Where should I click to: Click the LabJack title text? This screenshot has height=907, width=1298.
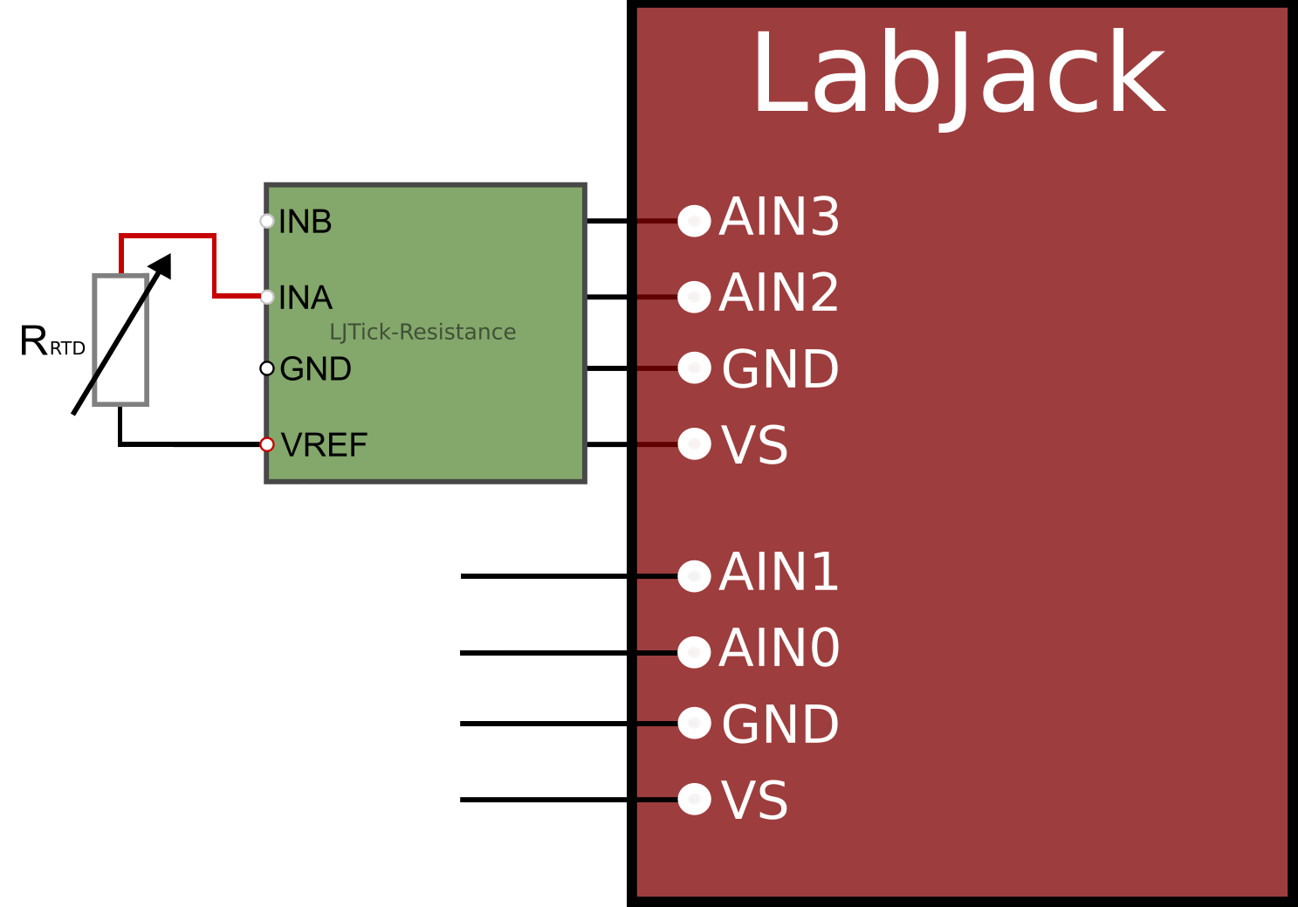958,75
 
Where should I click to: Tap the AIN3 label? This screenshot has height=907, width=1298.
779,217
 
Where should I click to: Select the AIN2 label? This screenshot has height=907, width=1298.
779,293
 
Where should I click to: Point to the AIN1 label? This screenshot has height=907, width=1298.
779,573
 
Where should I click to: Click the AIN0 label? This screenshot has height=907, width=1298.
779,649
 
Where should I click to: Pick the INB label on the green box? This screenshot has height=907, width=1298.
305,223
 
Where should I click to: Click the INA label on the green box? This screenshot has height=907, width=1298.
305,299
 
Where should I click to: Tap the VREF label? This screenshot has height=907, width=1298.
324,445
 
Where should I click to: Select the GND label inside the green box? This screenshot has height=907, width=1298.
315,369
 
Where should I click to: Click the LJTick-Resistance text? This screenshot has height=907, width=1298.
422,333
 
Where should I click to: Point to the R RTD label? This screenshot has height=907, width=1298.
52,341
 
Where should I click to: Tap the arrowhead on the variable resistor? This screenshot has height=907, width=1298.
162,265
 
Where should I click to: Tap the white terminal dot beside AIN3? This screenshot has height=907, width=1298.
694,221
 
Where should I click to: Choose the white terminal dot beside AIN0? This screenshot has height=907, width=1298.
694,652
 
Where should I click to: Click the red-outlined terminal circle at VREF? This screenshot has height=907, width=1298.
267,444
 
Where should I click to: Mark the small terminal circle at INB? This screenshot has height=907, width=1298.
267,221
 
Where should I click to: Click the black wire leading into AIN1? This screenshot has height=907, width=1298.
541,576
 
